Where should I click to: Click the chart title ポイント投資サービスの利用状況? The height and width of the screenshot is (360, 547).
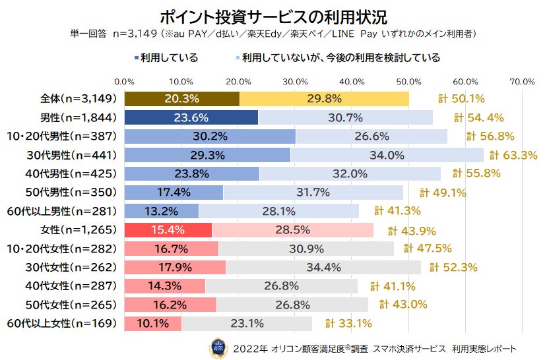(273, 15)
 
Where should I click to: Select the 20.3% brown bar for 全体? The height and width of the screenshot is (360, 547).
(181, 99)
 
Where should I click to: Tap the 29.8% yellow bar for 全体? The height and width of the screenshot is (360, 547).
(324, 99)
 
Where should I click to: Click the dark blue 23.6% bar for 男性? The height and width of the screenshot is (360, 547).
(191, 118)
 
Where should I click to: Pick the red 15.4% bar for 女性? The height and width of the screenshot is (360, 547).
(168, 230)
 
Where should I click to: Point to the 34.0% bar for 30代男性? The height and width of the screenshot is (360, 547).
(387, 155)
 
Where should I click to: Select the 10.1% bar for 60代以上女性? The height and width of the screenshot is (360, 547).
(152, 323)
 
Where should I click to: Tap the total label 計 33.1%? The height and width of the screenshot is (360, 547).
(348, 324)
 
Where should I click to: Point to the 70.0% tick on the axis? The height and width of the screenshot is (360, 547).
(523, 81)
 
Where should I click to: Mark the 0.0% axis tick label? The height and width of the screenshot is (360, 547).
(125, 81)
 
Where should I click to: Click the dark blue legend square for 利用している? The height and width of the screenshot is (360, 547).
(137, 58)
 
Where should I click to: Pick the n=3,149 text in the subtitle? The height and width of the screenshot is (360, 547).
(137, 32)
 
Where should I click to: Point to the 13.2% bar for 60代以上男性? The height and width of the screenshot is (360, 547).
(161, 211)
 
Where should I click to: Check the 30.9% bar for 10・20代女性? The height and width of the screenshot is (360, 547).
(306, 249)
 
